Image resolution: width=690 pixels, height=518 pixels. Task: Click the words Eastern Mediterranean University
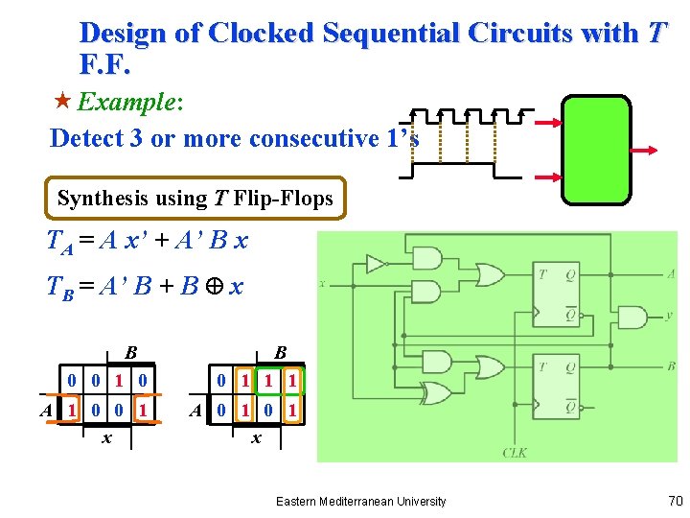(360, 501)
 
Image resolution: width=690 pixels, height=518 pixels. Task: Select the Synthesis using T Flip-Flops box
(195, 199)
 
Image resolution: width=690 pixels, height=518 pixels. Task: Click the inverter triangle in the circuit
(375, 264)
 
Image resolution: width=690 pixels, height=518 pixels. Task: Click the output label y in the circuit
(669, 317)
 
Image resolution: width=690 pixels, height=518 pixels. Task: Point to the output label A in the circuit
(670, 274)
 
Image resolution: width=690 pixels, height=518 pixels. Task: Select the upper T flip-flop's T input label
(542, 274)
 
